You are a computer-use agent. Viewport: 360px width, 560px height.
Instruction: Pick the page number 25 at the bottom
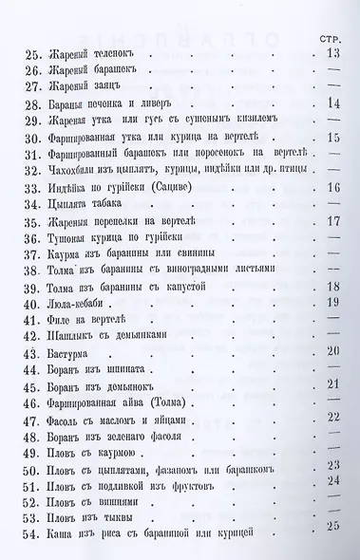332,526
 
